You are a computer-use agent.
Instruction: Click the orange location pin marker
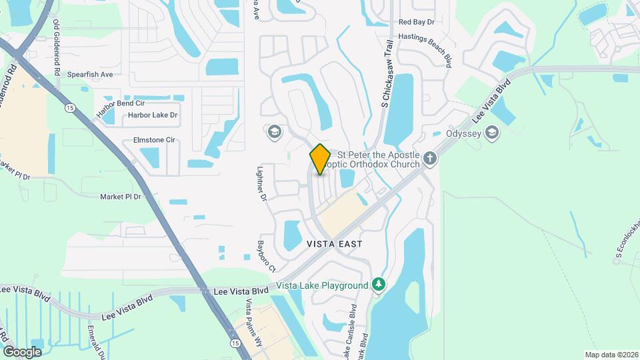[320, 159]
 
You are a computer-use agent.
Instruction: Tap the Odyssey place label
[463, 133]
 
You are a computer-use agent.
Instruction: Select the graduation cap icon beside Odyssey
[493, 133]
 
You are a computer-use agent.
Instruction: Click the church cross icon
[431, 159]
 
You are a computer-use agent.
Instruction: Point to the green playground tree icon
[379, 285]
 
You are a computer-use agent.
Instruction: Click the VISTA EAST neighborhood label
[335, 245]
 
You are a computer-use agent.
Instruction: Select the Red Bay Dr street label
[416, 22]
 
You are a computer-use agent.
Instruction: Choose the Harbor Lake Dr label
[153, 115]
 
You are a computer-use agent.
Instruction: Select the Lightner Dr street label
[262, 185]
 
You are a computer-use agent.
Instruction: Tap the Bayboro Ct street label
[267, 255]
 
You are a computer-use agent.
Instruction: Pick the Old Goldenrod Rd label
[57, 48]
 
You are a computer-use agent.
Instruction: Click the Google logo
[22, 351]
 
